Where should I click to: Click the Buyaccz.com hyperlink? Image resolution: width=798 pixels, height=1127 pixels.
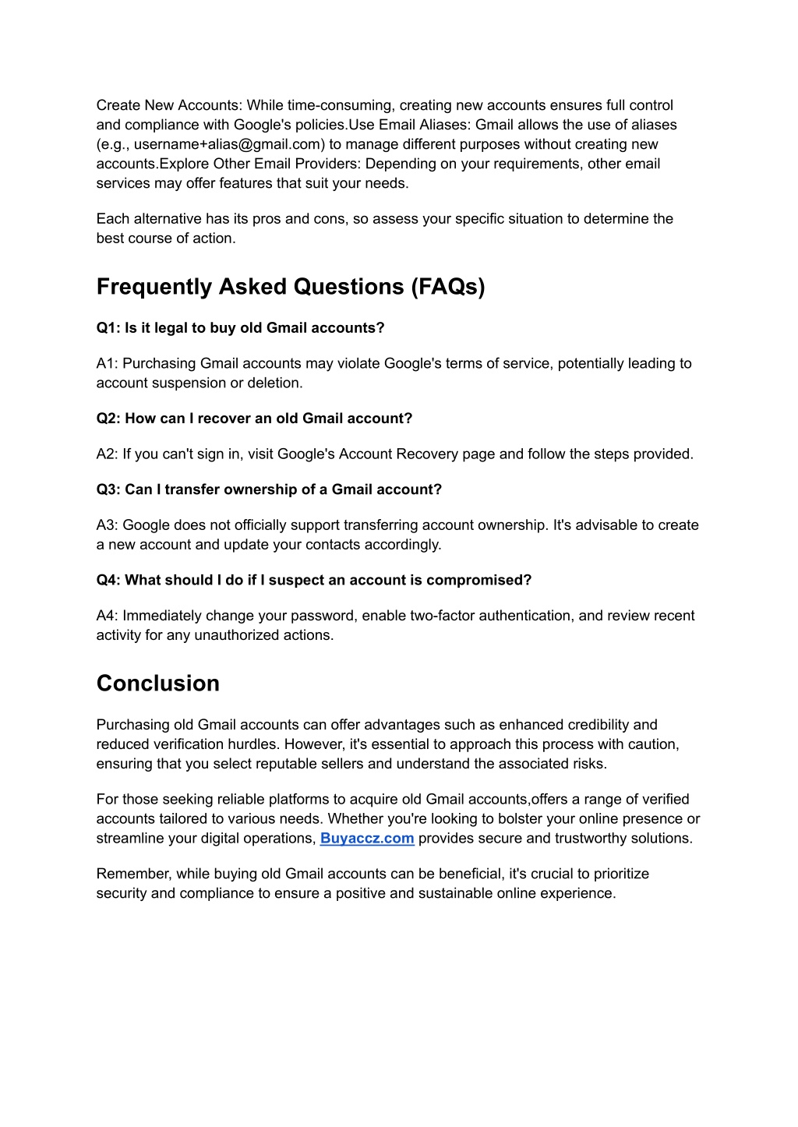(x=366, y=839)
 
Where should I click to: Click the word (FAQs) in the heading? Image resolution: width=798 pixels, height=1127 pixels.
(x=448, y=287)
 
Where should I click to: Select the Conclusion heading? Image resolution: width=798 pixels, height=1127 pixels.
(x=158, y=684)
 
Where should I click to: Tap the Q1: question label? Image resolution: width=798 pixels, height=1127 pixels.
(x=108, y=328)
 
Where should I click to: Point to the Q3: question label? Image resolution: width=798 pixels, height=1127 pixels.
(x=108, y=489)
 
